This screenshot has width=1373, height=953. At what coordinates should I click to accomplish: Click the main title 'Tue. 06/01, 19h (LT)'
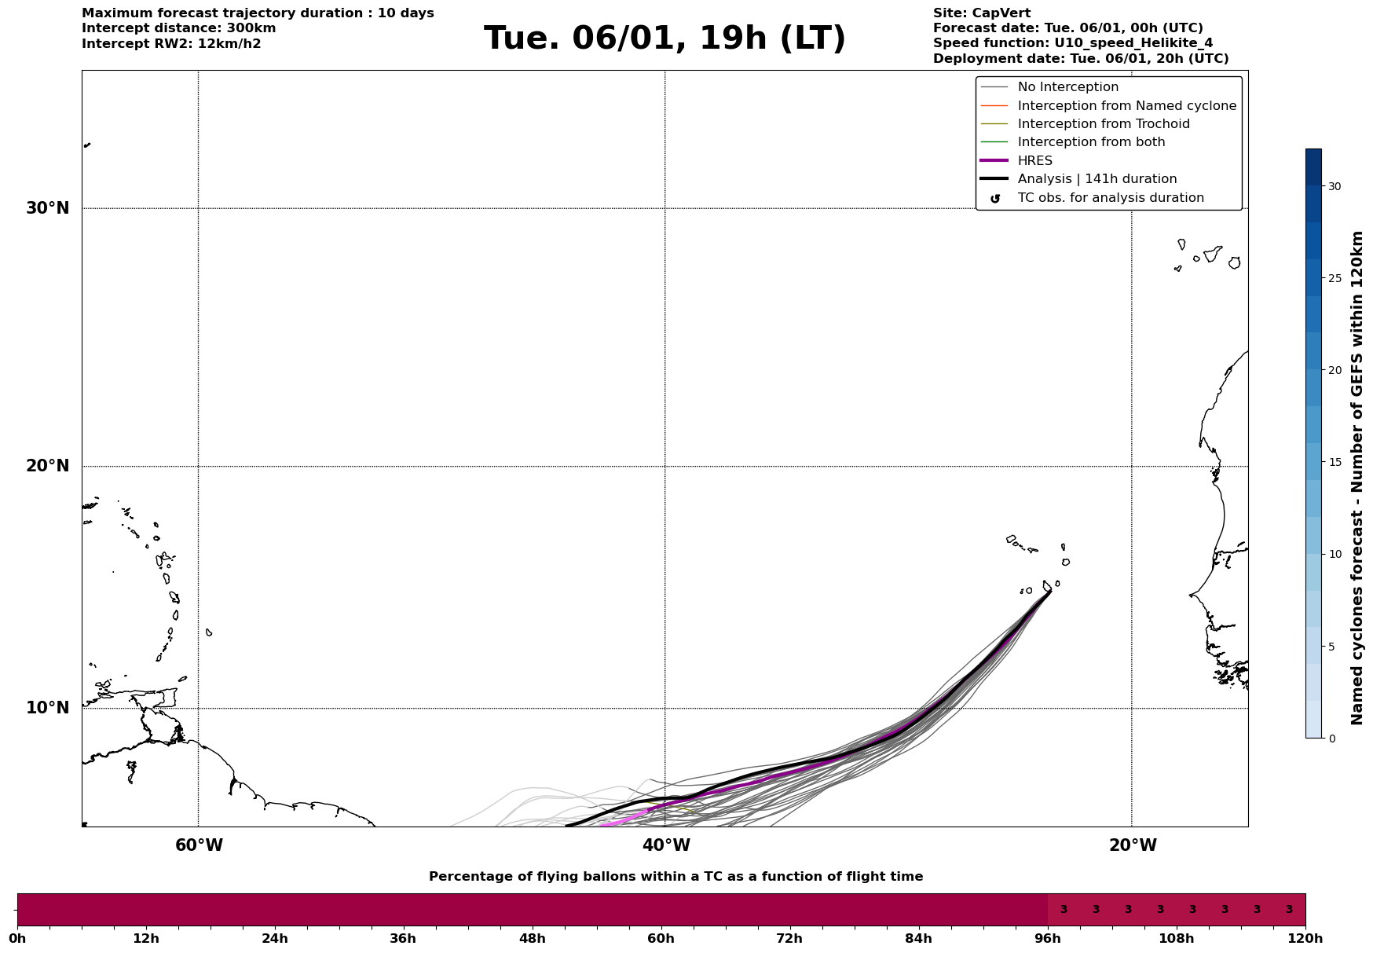point(665,38)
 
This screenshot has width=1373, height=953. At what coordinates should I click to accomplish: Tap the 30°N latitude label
point(47,208)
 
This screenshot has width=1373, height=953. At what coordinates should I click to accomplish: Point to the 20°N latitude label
point(47,466)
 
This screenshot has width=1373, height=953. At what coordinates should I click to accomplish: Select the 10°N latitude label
point(47,708)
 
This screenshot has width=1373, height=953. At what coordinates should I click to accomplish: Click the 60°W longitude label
point(199,845)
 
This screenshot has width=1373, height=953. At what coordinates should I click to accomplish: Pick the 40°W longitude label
point(666,845)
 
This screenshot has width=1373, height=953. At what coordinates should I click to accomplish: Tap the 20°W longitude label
point(1133,845)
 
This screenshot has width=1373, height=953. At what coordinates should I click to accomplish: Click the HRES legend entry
point(1034,161)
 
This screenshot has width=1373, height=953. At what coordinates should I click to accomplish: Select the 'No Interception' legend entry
point(1067,87)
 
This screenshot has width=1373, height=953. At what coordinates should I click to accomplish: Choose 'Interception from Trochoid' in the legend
point(1103,124)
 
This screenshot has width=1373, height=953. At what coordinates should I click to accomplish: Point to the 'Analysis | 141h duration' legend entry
point(1097,179)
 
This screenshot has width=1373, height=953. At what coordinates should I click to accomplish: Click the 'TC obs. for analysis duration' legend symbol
point(995,199)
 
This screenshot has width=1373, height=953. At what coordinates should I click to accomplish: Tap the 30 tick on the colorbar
point(1335,186)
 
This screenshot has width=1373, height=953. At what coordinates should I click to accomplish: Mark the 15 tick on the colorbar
point(1335,462)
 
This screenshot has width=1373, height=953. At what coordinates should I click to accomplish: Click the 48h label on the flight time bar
point(532,938)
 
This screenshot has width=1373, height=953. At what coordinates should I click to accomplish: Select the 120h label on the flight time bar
point(1305,938)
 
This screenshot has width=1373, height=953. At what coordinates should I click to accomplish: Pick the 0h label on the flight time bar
point(17,938)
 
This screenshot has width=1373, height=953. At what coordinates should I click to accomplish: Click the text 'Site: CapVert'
point(982,13)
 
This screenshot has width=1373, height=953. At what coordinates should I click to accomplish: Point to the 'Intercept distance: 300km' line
point(178,28)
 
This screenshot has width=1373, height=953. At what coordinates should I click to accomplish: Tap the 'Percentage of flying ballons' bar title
point(676,877)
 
